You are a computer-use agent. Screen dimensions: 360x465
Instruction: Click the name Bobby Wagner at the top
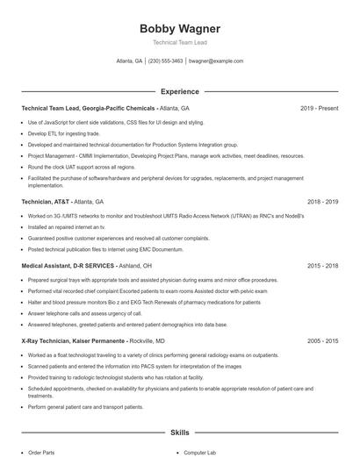click(179, 28)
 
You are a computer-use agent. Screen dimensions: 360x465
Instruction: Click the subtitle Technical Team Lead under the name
click(179, 42)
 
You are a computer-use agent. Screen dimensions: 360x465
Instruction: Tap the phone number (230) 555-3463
click(165, 61)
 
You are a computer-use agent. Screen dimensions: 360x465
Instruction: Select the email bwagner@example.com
click(216, 61)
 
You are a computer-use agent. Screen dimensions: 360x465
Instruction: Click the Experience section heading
click(179, 91)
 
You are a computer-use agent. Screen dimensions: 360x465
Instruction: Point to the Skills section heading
click(179, 433)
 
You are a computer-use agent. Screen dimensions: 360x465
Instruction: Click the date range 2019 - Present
click(319, 108)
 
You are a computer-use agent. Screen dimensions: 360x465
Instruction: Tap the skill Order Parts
click(42, 453)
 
